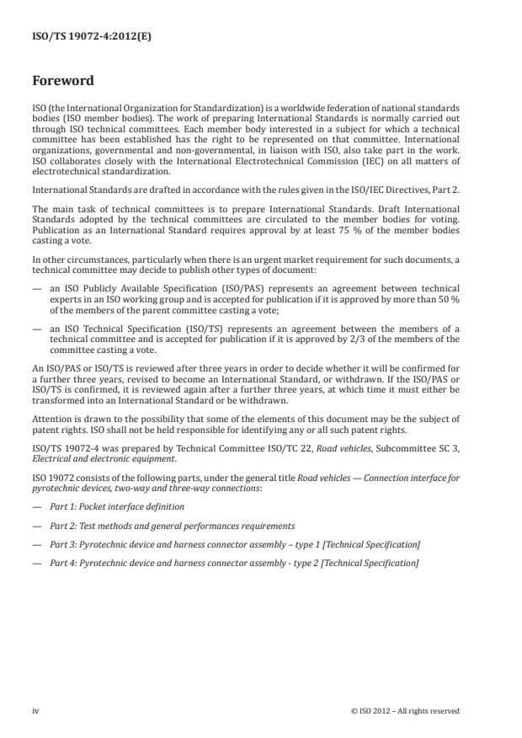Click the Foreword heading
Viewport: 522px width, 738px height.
click(63, 82)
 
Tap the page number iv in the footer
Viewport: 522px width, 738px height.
click(35, 710)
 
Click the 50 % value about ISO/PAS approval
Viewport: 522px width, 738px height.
click(451, 297)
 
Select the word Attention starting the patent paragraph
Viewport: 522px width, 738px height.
click(50, 419)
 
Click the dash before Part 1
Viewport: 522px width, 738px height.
click(36, 506)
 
